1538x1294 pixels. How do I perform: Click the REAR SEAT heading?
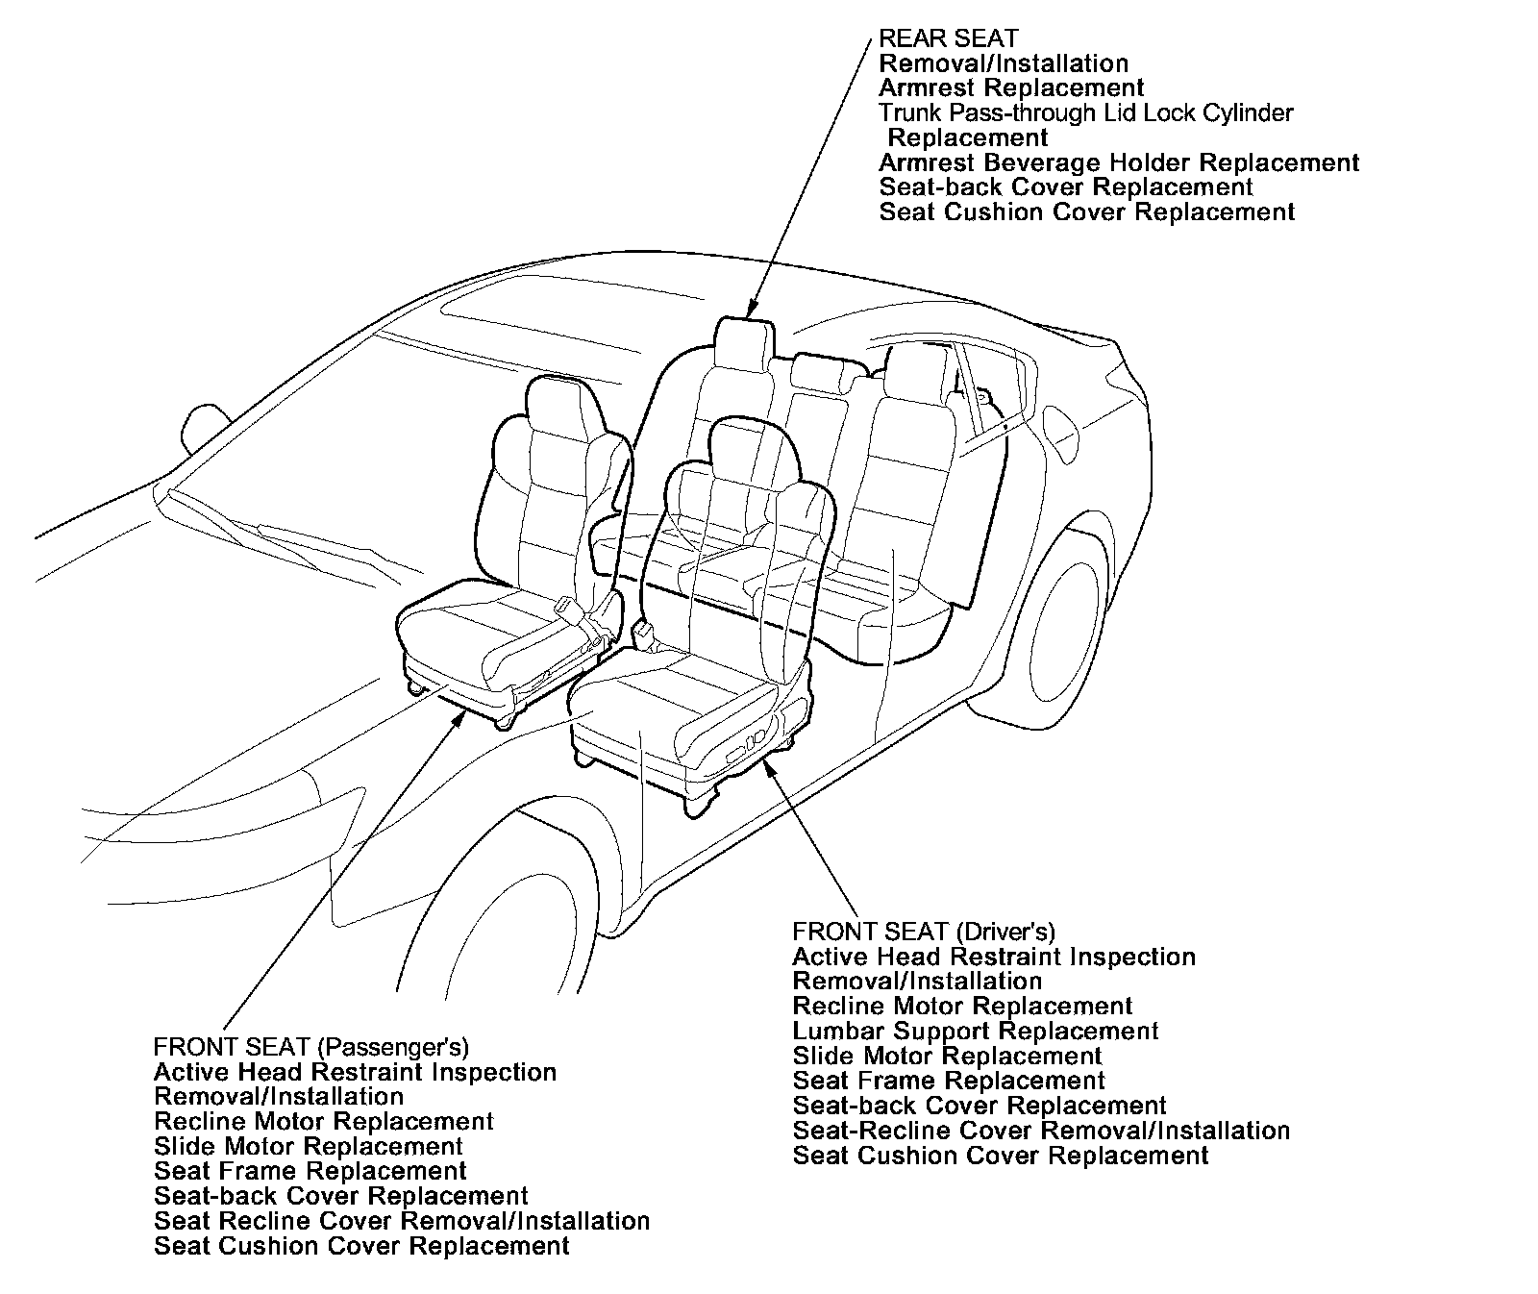click(948, 39)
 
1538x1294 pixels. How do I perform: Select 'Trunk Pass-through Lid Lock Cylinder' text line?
click(1086, 113)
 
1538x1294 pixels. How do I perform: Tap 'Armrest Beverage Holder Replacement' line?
click(1119, 162)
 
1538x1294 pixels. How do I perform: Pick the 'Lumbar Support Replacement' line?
click(976, 1032)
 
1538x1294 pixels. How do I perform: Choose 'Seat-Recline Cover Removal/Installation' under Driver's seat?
click(1041, 1132)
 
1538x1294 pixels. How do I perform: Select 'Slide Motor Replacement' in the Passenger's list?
click(309, 1147)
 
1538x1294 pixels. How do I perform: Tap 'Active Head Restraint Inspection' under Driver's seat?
click(994, 958)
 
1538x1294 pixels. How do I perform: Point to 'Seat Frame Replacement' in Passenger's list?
click(310, 1172)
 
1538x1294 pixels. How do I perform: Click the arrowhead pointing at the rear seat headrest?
click(750, 309)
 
